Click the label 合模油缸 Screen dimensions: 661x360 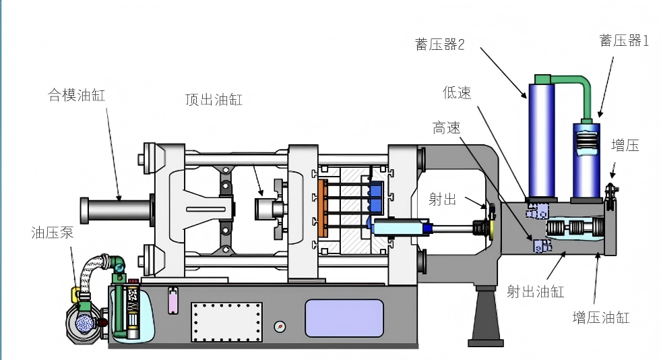click(77, 95)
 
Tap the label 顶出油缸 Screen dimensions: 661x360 click(214, 100)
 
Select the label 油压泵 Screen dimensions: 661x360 click(53, 233)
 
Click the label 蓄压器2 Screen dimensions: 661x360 click(440, 44)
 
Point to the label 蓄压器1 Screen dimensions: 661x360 click(624, 40)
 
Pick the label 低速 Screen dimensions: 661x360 click(457, 92)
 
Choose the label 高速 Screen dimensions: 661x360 click(447, 127)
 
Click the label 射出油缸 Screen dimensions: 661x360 click(536, 291)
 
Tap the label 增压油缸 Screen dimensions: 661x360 click(601, 317)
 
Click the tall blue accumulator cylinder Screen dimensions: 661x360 click(542, 140)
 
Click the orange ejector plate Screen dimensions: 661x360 click(323, 208)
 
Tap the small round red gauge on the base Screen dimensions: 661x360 click(280, 326)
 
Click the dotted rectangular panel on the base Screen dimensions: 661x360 click(227, 322)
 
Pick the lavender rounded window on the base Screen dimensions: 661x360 click(344, 318)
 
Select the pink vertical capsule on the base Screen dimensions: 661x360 click(173, 301)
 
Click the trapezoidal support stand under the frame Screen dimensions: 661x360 click(486, 316)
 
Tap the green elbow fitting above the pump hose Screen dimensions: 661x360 click(117, 264)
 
